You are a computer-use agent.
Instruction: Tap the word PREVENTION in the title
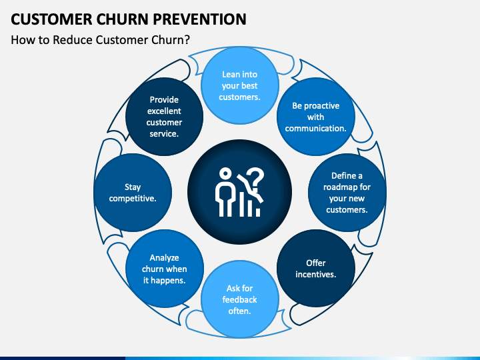(199, 19)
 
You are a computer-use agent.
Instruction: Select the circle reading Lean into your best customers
(240, 85)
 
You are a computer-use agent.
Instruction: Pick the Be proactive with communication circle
(315, 117)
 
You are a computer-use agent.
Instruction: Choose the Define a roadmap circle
(347, 193)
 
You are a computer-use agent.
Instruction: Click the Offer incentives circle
(315, 269)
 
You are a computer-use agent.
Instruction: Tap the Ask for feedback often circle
(240, 299)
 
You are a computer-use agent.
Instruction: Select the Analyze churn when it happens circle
(165, 269)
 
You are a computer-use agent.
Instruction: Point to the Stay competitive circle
(133, 193)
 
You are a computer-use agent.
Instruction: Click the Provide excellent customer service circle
(165, 117)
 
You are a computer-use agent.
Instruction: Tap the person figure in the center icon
(225, 192)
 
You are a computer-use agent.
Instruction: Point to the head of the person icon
(225, 174)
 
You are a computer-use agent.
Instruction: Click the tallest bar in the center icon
(241, 204)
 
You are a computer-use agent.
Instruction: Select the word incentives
(315, 274)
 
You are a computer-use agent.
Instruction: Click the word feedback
(240, 299)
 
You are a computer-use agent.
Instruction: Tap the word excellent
(164, 111)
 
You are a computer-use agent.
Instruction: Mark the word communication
(315, 128)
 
